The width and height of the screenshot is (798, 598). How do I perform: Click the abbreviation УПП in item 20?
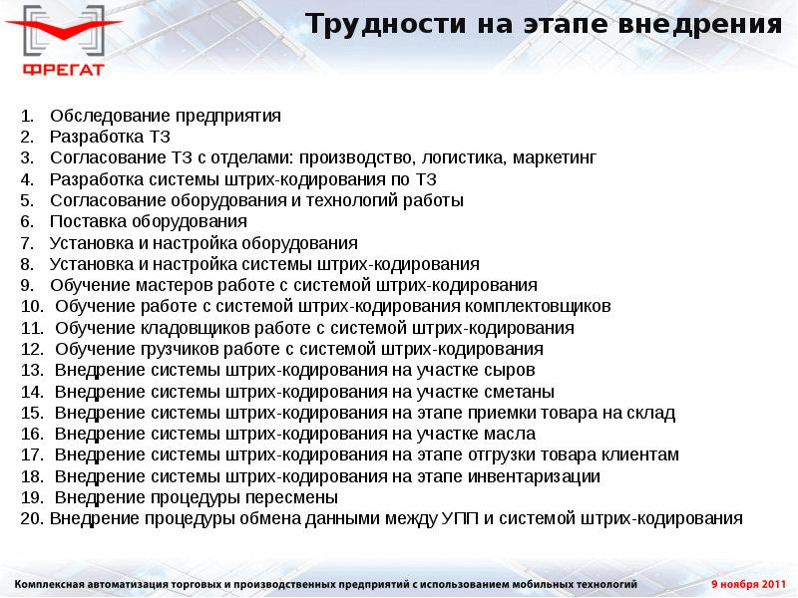(461, 518)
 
